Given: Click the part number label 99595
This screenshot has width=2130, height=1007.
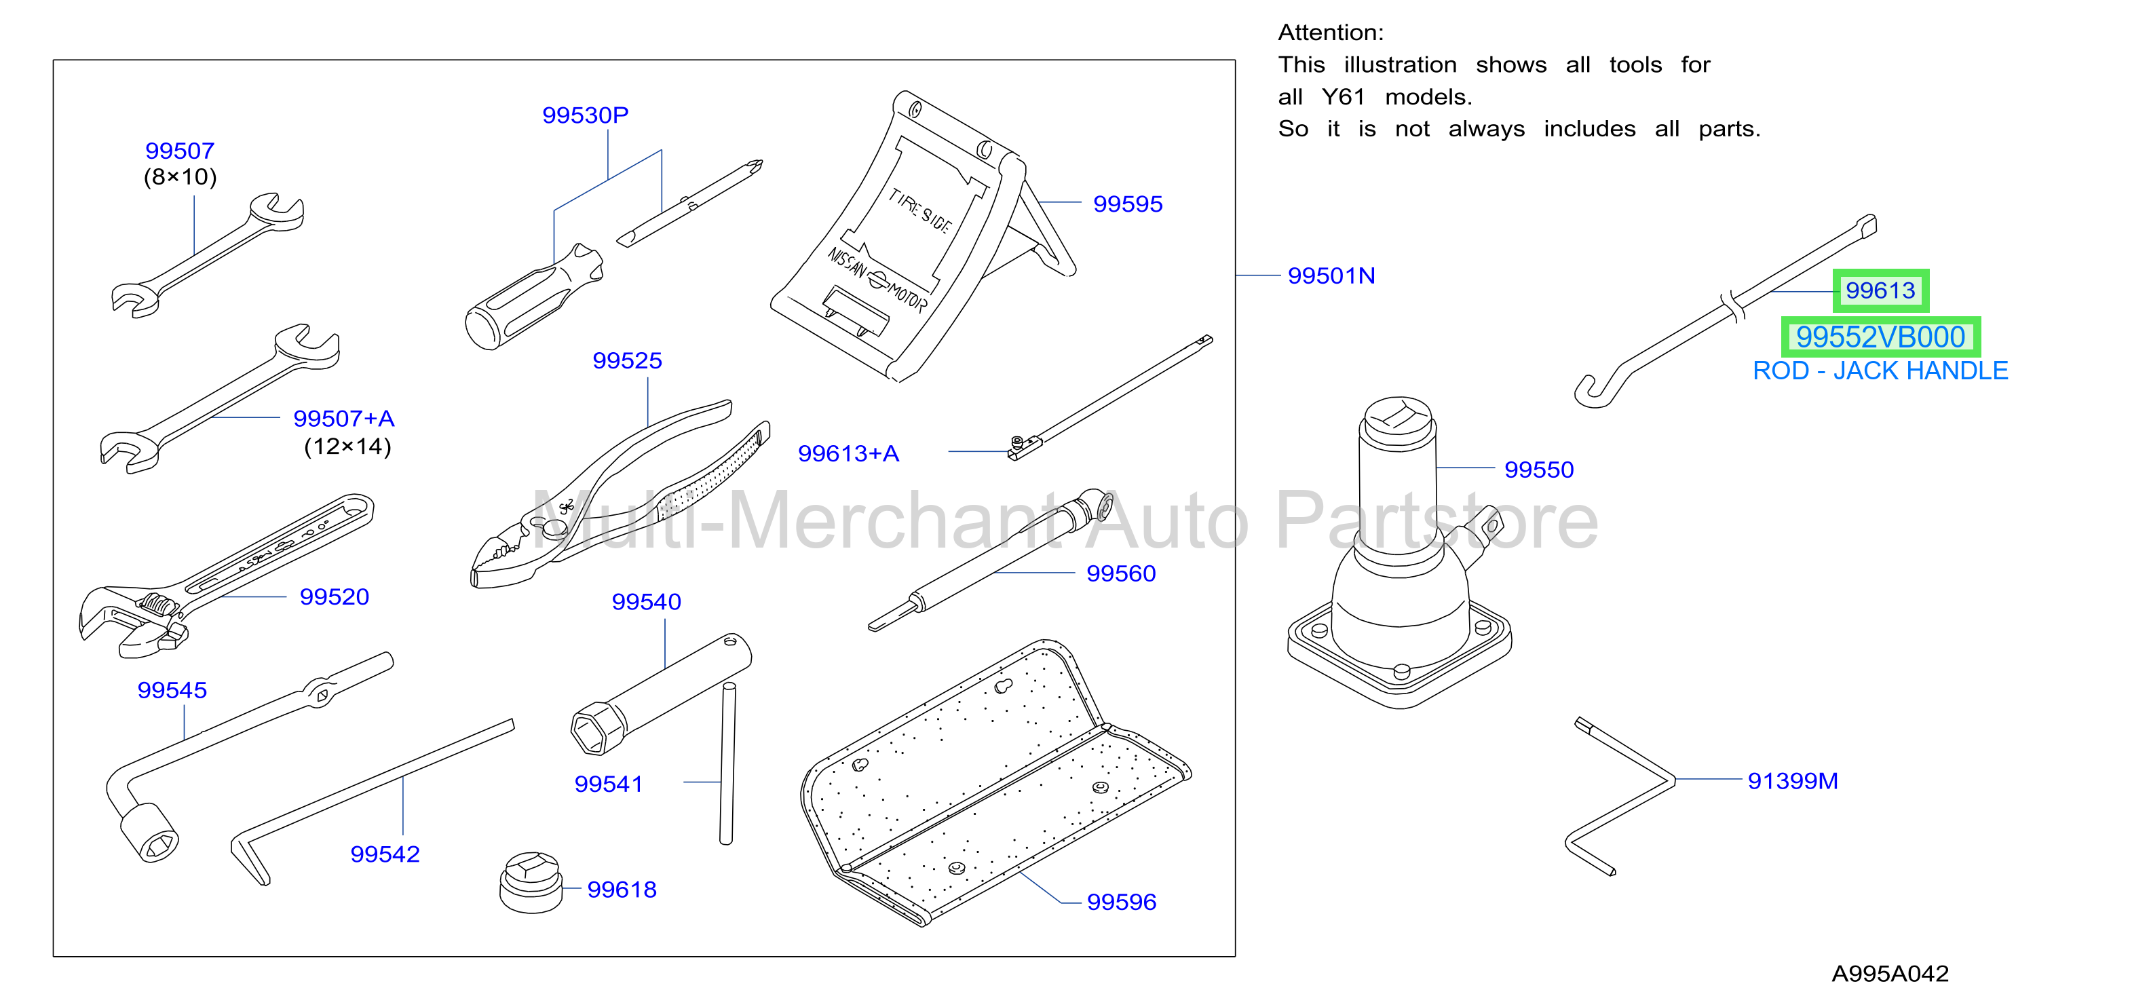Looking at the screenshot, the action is (1127, 204).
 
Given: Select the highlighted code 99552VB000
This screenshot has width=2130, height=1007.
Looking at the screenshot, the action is (1880, 337).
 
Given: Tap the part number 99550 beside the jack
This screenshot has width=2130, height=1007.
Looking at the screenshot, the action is (1539, 470).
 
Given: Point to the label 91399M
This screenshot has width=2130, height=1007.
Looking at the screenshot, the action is (1793, 781).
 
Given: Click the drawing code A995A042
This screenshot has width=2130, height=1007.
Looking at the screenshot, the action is (1890, 974).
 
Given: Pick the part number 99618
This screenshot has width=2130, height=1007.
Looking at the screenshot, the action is (622, 890).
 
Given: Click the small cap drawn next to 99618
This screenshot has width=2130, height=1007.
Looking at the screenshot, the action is (531, 882).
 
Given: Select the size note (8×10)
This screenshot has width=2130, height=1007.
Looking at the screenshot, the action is (180, 177).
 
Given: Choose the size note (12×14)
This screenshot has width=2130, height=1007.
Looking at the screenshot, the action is (347, 446).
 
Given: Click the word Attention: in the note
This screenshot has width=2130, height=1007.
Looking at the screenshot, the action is (1331, 33).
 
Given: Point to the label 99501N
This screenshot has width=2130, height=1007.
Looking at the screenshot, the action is (1331, 276).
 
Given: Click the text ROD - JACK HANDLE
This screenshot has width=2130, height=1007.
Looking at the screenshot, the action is (1880, 371).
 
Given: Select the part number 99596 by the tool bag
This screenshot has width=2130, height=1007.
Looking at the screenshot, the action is (1121, 902).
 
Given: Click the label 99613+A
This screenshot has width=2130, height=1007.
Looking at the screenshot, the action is (848, 454).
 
